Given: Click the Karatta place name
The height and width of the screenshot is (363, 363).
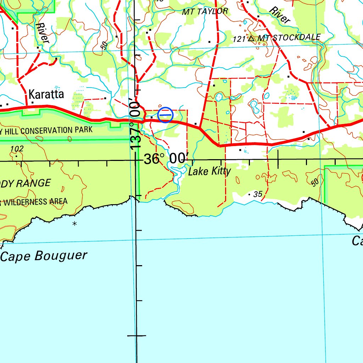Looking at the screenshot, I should coord(46,94).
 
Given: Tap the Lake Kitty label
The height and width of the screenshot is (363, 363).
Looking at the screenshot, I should coord(209,172).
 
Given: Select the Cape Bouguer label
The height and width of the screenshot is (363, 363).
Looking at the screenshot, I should coord(44,256).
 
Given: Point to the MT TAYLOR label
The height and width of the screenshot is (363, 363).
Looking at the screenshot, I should coord(205,11).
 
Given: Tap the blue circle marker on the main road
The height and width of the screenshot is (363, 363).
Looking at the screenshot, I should coord(165,115).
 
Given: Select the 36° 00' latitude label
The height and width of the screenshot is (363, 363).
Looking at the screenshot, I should coord(164,159).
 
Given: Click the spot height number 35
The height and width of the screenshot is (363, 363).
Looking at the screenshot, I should coord(258,194).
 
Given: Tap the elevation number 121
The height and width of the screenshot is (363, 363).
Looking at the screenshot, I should coord(239,39).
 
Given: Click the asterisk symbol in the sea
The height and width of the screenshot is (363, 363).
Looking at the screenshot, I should coord(74,223).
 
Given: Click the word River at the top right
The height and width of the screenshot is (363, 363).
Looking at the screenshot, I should coord(279,15).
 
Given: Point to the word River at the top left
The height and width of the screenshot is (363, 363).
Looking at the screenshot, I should coord(42,33).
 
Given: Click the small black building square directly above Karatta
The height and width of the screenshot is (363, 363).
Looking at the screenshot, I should coord(38,47).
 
